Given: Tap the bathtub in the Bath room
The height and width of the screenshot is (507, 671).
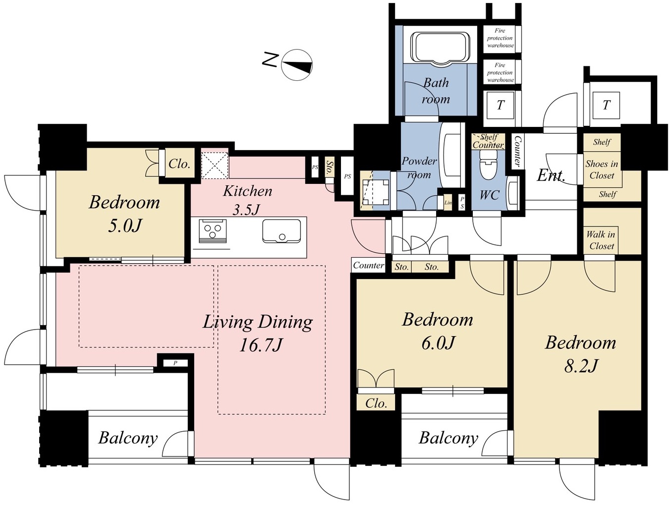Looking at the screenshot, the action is [x=440, y=49].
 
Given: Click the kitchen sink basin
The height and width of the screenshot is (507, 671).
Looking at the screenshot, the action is [x=281, y=231].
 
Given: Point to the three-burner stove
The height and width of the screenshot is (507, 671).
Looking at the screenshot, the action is [x=214, y=231].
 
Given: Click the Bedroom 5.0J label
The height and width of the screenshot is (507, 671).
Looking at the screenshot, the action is [x=124, y=214].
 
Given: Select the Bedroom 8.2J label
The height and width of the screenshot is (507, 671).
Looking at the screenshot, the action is [x=580, y=354].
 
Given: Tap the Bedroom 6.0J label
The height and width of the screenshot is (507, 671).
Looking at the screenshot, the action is [x=438, y=331].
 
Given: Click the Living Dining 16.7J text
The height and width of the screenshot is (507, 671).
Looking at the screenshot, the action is [x=258, y=334].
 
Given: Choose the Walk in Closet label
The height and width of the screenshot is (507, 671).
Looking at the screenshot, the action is [x=601, y=240].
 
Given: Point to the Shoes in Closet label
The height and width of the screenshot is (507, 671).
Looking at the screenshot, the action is [x=602, y=169].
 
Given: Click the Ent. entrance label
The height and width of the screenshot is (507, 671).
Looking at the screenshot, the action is [x=551, y=176].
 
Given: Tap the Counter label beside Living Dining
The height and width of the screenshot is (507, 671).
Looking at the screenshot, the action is [x=368, y=265].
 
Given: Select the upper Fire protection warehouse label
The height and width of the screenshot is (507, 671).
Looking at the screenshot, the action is [x=501, y=38].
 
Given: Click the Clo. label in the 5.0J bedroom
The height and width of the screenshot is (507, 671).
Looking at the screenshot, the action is [x=179, y=164].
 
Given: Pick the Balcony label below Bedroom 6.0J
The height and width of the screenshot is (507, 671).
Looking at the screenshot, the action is [x=448, y=438].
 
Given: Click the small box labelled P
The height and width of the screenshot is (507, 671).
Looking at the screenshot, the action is [x=175, y=363].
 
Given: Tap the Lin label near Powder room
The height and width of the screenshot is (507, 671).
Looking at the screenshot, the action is [x=448, y=203].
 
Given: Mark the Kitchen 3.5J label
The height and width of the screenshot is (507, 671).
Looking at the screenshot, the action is [x=247, y=200].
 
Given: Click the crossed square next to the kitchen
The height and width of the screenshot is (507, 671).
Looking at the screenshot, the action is [x=215, y=166].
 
